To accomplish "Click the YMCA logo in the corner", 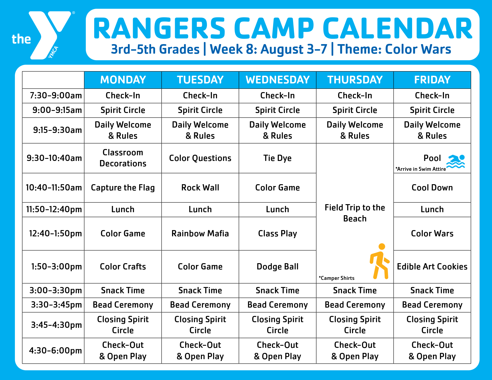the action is point(43,35).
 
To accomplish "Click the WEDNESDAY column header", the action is point(277,80).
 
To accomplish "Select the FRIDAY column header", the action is point(432,80).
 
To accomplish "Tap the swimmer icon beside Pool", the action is point(456,161).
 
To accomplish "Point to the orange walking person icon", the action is point(380,261).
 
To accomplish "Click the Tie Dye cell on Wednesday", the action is point(277,158).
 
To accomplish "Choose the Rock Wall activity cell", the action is point(200,188).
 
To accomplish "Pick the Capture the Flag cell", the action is point(123,188).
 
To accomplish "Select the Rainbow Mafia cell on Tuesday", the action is point(200,233).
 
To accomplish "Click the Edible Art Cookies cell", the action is point(432,266).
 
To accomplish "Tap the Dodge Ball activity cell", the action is point(277,267).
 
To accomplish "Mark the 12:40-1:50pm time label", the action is point(55,233).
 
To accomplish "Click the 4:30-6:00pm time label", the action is point(55,350).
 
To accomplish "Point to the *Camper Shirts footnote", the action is point(336,278).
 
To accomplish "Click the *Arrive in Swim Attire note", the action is point(420,169).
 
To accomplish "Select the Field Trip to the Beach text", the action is point(355,213).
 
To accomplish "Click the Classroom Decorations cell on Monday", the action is point(123,158).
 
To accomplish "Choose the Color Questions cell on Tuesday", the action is point(200,158).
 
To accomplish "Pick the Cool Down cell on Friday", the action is point(432,188).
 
